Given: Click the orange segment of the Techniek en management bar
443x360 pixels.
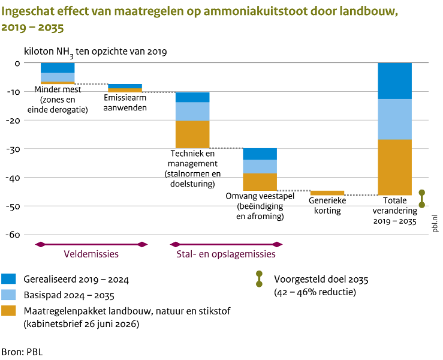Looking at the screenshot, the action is click(x=192, y=134).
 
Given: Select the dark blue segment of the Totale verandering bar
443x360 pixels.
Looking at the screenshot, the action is click(x=394, y=81).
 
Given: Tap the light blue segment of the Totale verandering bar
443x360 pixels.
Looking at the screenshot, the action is click(x=394, y=119).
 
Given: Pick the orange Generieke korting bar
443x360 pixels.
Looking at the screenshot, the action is click(x=327, y=193).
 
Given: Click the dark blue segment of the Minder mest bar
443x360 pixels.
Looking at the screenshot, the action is click(x=58, y=68).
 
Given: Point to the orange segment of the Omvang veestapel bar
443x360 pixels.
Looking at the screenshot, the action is click(x=260, y=182).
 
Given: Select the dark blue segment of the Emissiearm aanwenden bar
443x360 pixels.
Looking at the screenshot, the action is click(x=125, y=86).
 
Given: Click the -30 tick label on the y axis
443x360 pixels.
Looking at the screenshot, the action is click(x=13, y=149).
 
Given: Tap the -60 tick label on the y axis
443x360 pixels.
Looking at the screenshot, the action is click(x=13, y=235).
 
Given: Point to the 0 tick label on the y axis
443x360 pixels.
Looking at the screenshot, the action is click(x=17, y=64).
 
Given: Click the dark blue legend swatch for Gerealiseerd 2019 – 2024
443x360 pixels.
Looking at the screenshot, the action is click(x=8, y=279).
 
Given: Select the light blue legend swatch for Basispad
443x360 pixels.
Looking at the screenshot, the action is click(x=8, y=295).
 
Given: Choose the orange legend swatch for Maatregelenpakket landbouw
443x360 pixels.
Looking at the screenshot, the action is click(x=8, y=311).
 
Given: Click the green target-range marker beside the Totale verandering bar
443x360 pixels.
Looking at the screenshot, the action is click(x=422, y=199).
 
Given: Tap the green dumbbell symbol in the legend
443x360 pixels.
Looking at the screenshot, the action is click(x=259, y=279).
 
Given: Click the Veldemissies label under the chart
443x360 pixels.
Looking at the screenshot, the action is click(x=91, y=254).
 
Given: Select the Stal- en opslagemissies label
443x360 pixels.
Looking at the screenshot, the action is click(x=226, y=254).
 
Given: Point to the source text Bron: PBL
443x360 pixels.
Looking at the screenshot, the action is click(x=22, y=352).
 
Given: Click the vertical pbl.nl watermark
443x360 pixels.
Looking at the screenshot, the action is click(x=435, y=223).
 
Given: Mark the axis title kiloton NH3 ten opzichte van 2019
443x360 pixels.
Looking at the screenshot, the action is click(x=95, y=52).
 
